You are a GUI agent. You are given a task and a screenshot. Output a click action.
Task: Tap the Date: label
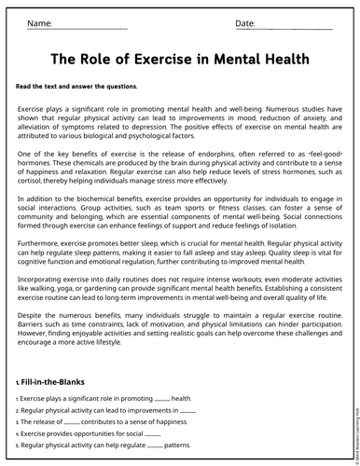[x=245, y=22]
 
